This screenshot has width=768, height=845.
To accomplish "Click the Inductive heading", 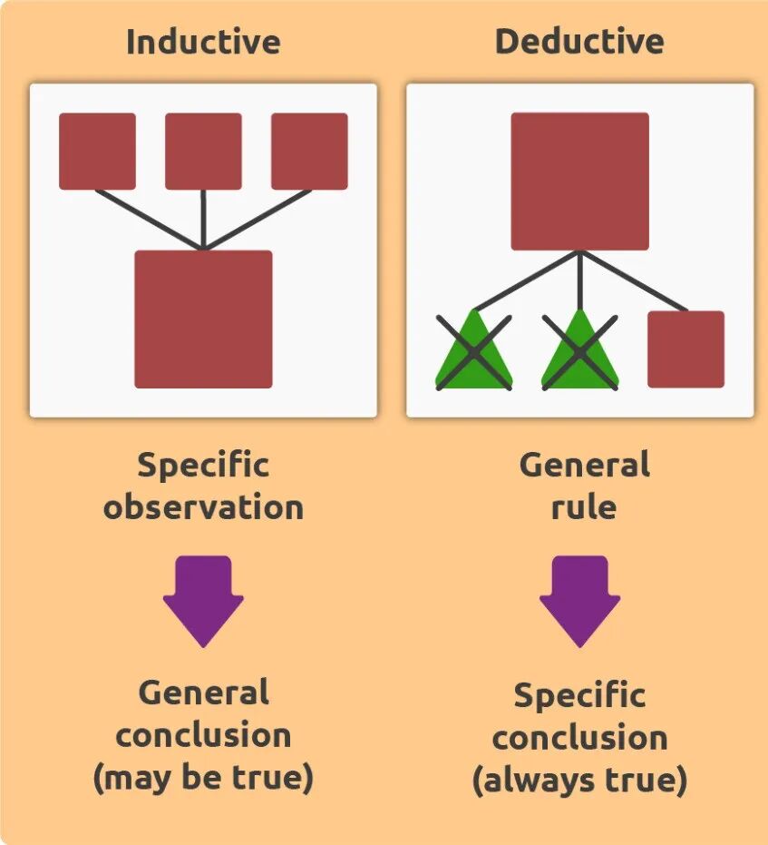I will (203, 42).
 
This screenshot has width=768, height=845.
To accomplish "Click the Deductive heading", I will (579, 42).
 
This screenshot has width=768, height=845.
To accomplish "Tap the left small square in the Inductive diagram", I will (97, 151).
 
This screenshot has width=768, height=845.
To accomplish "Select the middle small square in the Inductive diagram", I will (203, 151).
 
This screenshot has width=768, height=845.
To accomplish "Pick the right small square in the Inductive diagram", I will (309, 151).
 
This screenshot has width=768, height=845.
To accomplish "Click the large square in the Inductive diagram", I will (203, 319).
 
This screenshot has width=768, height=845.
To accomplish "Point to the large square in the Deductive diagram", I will (579, 181).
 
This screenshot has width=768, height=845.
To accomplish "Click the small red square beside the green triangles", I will (685, 349).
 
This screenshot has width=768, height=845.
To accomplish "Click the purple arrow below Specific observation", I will (203, 600).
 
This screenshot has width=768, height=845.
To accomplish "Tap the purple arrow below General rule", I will (579, 600).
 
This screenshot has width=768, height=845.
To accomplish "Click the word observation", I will (203, 506).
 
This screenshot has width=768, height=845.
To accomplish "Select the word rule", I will (584, 506).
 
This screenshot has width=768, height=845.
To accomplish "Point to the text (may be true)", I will (203, 778).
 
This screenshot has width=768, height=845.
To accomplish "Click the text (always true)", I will (579, 780).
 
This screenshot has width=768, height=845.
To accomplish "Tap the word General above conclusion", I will (203, 693).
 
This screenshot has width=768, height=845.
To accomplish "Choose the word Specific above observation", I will (203, 466).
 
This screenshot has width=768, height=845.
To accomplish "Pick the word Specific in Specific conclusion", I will (579, 696).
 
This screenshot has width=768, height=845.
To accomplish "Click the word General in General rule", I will (584, 466).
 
